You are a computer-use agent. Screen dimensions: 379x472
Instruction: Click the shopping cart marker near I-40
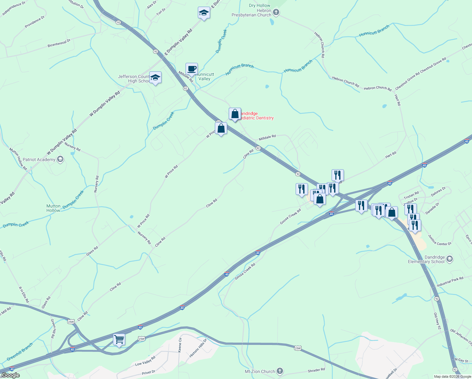[x=119, y=340]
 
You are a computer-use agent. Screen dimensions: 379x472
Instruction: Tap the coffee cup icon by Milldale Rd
[x=192, y=69]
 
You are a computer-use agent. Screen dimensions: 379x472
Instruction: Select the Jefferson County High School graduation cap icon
[x=155, y=77]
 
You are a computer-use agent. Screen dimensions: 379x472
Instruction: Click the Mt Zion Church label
[x=260, y=371]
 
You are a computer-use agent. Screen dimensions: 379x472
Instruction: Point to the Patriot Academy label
[x=39, y=159]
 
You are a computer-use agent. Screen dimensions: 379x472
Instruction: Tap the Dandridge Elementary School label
[x=426, y=260]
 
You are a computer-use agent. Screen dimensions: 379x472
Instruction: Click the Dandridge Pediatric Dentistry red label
[x=256, y=116]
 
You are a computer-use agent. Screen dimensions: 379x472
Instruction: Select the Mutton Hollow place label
[x=53, y=208]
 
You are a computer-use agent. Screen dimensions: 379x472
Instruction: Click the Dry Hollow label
[x=259, y=5]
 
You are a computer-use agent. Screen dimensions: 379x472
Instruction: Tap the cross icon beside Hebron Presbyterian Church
[x=276, y=12]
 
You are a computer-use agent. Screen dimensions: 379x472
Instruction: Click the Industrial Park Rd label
[x=450, y=282]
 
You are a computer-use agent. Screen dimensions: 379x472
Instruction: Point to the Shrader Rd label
[x=316, y=370]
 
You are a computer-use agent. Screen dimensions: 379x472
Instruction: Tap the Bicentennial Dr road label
[x=59, y=43]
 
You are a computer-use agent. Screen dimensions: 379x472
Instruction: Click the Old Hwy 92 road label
[x=437, y=321]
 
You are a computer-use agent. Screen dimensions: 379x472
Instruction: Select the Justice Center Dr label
[x=440, y=240]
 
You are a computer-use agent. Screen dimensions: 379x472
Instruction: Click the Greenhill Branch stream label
[x=20, y=352]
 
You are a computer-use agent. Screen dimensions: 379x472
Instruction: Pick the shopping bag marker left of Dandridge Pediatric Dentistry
[x=235, y=114]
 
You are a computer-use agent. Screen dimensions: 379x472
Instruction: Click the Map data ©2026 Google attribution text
[x=452, y=376]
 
